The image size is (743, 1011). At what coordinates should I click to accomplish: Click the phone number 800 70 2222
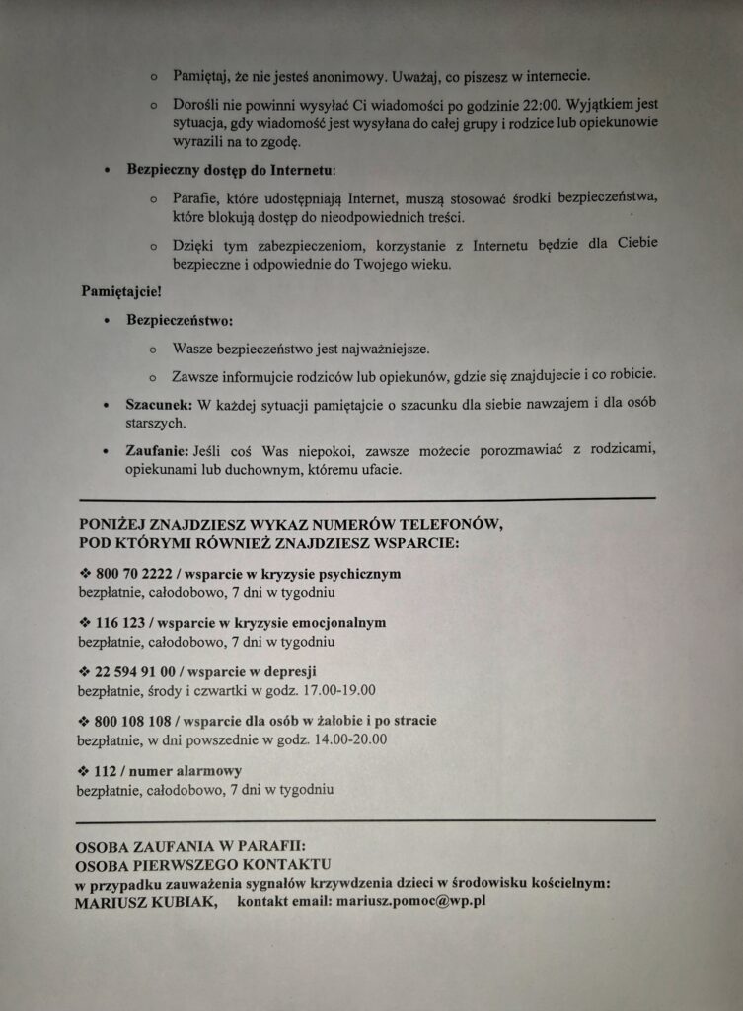pyautogui.click(x=134, y=574)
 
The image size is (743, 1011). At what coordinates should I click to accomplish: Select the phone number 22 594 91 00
pyautogui.click(x=134, y=671)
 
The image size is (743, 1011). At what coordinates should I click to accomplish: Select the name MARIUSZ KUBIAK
pyautogui.click(x=142, y=902)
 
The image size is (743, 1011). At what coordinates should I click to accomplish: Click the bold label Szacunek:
pyautogui.click(x=160, y=405)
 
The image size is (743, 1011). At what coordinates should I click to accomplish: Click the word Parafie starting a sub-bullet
pyautogui.click(x=195, y=196)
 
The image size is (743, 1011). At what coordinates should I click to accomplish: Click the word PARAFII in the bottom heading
pyautogui.click(x=272, y=845)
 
